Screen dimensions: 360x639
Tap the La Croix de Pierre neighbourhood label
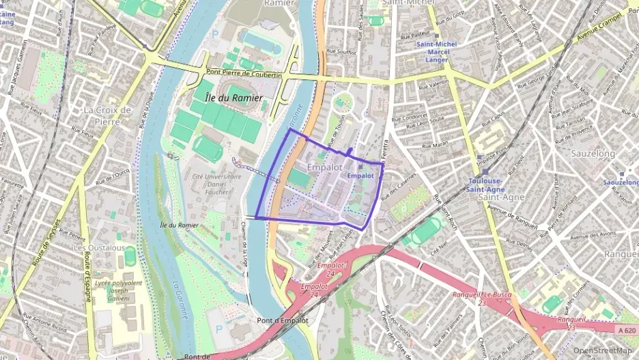point(107,115)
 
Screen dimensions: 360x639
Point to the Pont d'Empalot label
point(283,320)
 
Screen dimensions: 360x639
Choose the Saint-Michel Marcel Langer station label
point(432,52)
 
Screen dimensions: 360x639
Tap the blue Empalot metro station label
point(360,176)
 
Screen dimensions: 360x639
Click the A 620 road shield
point(625,330)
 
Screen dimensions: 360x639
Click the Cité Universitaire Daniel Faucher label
point(216,184)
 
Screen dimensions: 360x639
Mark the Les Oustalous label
point(99,247)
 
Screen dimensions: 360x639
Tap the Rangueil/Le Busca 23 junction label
point(481,298)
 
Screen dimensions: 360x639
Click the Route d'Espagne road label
point(87,276)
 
